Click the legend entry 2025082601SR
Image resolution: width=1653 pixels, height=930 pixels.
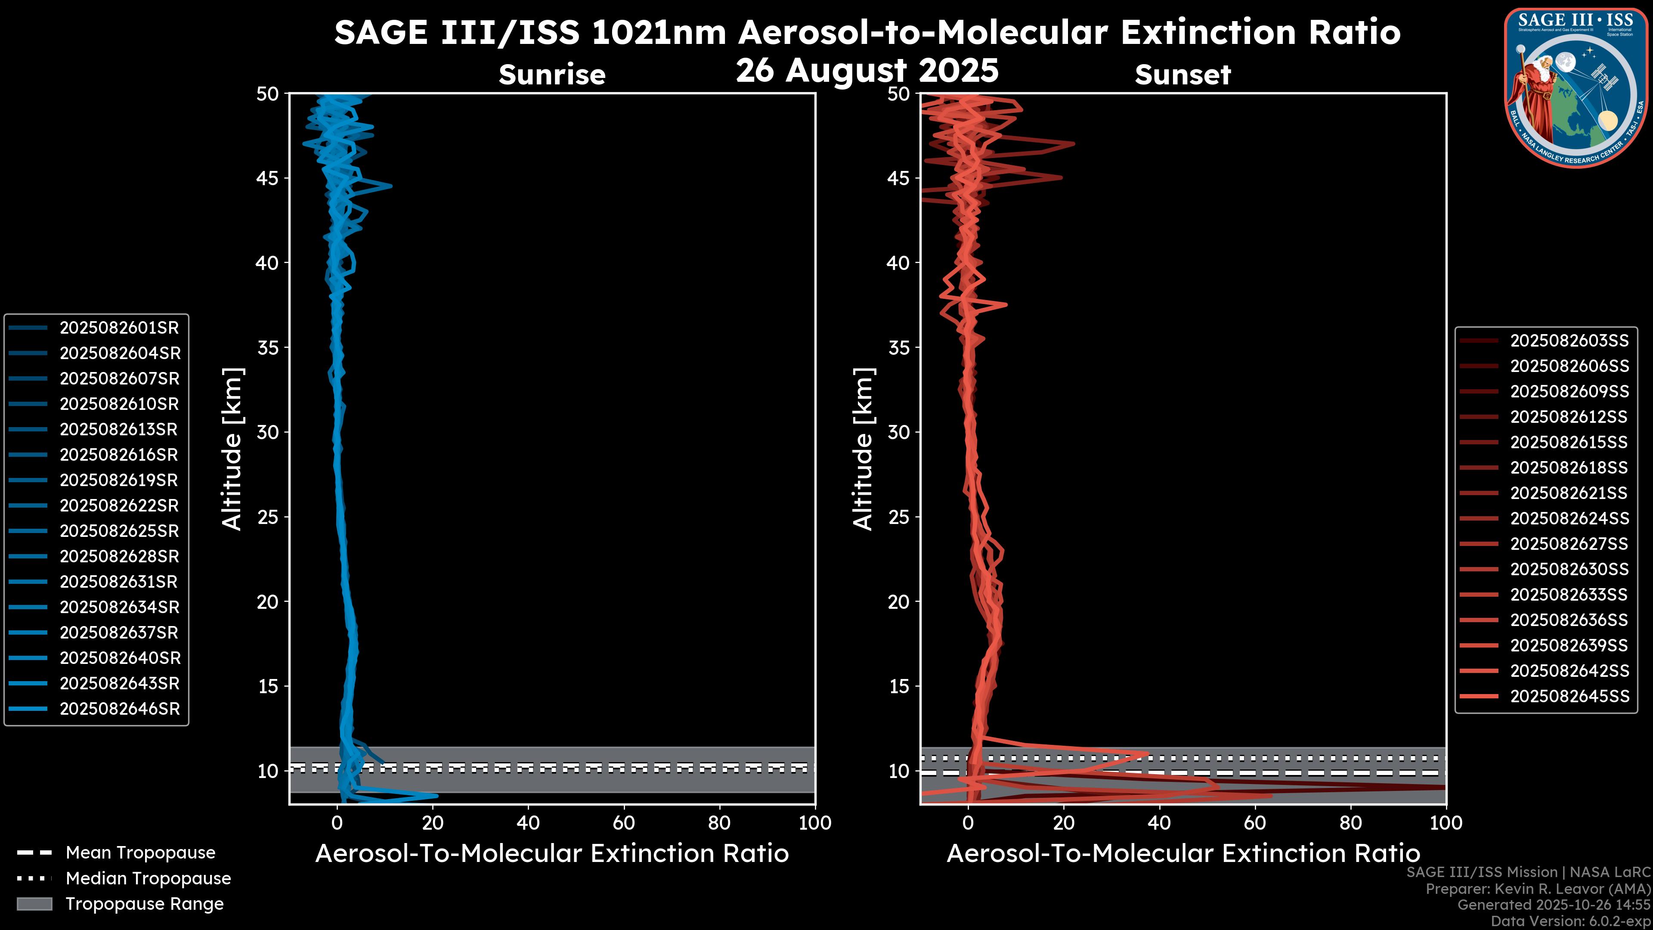[x=119, y=328]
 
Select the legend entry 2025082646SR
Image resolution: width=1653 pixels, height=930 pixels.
[x=119, y=709]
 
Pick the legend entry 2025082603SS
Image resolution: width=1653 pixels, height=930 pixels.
[x=1569, y=341]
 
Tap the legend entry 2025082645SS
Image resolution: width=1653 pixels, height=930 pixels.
[x=1569, y=696]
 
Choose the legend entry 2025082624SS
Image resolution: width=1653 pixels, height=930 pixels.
[x=1569, y=518]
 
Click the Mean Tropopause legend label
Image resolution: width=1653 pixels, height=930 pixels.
[x=140, y=853]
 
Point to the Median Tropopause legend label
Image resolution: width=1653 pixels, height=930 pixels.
[x=148, y=879]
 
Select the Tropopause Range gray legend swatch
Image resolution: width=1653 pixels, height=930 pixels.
[x=34, y=904]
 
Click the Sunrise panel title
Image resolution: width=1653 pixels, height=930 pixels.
[x=552, y=75]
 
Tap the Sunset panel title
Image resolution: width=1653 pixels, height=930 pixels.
[x=1182, y=75]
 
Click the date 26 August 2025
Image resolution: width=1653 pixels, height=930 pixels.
[x=867, y=71]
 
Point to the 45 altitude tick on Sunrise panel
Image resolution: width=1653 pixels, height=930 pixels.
[x=268, y=178]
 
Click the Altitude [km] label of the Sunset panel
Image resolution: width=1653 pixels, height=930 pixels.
[x=863, y=449]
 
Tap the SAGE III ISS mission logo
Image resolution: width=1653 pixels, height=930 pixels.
[x=1577, y=87]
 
